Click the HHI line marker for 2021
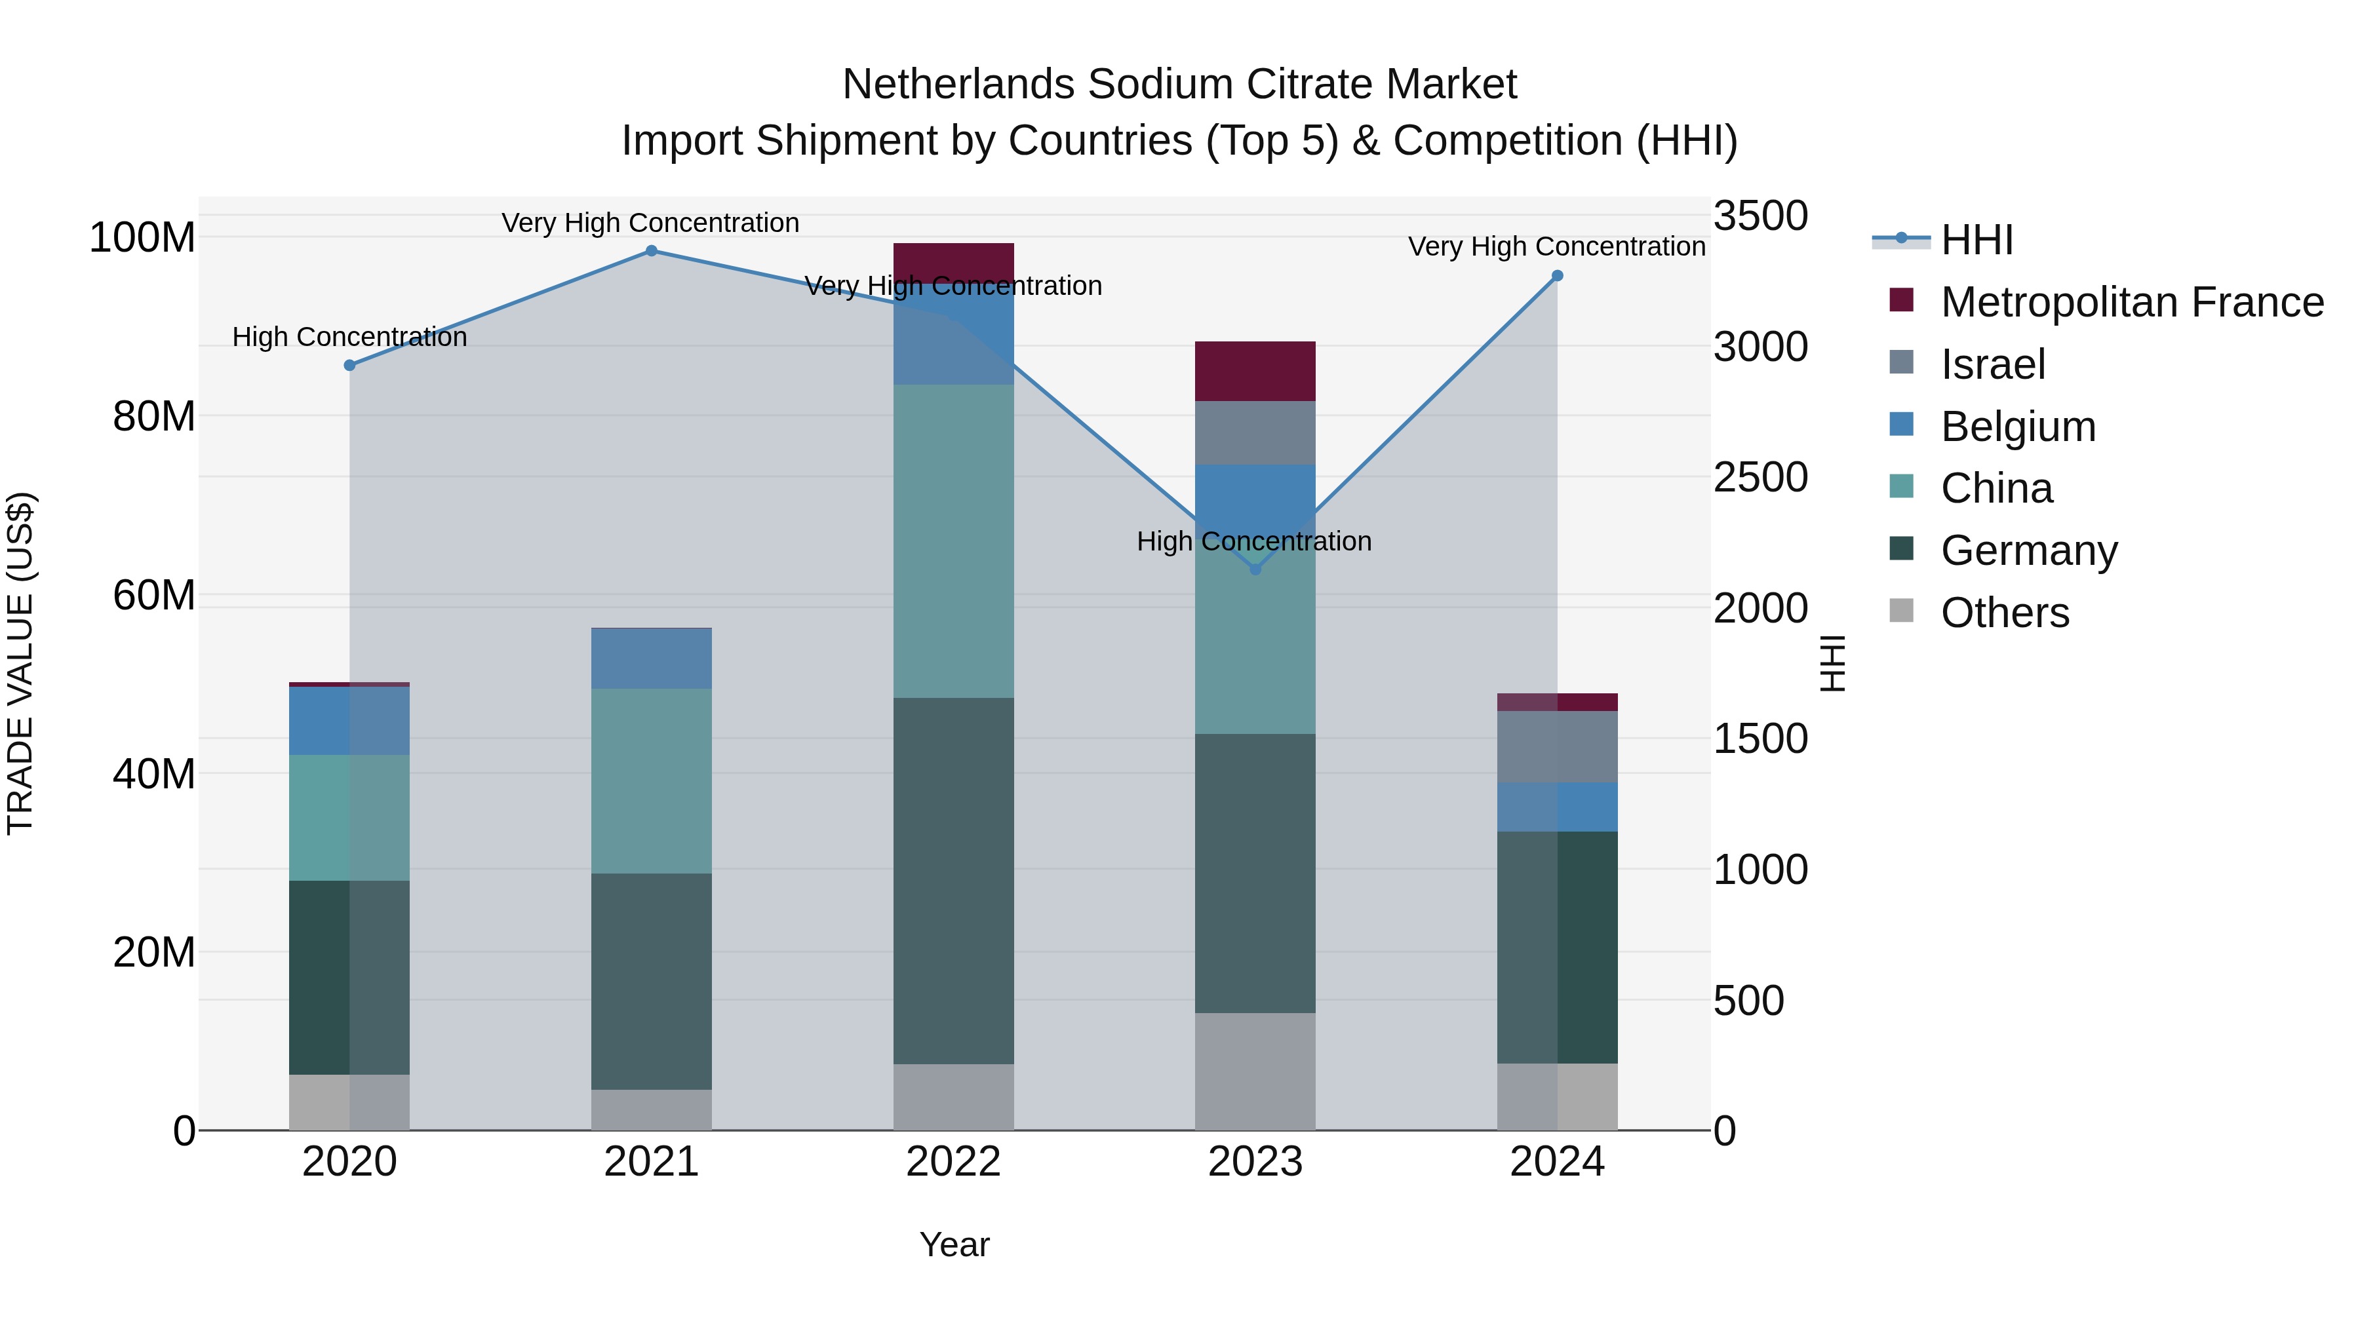pos(652,251)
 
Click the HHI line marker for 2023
pos(1255,569)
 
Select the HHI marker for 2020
pos(349,366)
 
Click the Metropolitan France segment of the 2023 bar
pos(1255,371)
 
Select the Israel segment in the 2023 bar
pos(1255,433)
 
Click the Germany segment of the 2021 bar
pos(652,980)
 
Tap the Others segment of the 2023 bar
pos(1255,1071)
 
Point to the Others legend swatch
pos(1901,611)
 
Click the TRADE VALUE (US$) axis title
pos(20,663)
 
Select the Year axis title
pos(954,1244)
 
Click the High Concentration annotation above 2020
pos(349,337)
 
